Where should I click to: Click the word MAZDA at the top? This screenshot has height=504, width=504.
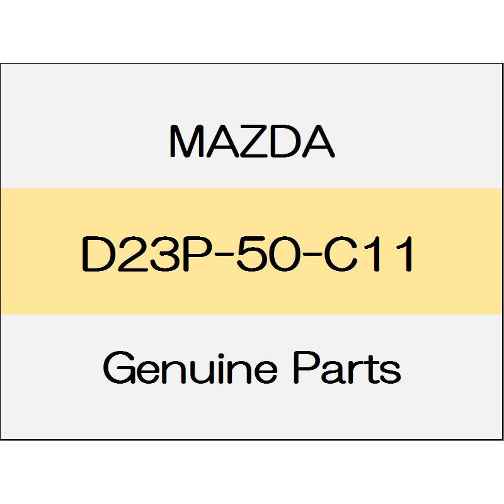251,143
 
